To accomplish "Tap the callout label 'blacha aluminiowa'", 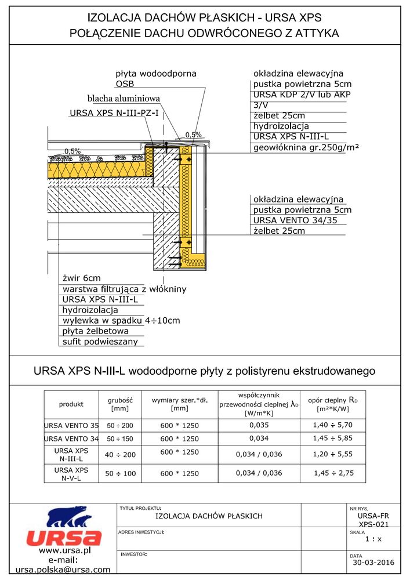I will point(124,99).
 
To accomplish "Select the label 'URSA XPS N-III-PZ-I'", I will point(114,113).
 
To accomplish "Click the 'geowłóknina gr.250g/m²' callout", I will point(306,147).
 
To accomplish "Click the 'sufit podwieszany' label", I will point(101,342).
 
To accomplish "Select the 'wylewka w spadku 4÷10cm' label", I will point(121,320).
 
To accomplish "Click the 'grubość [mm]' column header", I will point(121,404).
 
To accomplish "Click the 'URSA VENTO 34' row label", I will point(71,438).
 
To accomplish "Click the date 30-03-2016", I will point(373,563).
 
